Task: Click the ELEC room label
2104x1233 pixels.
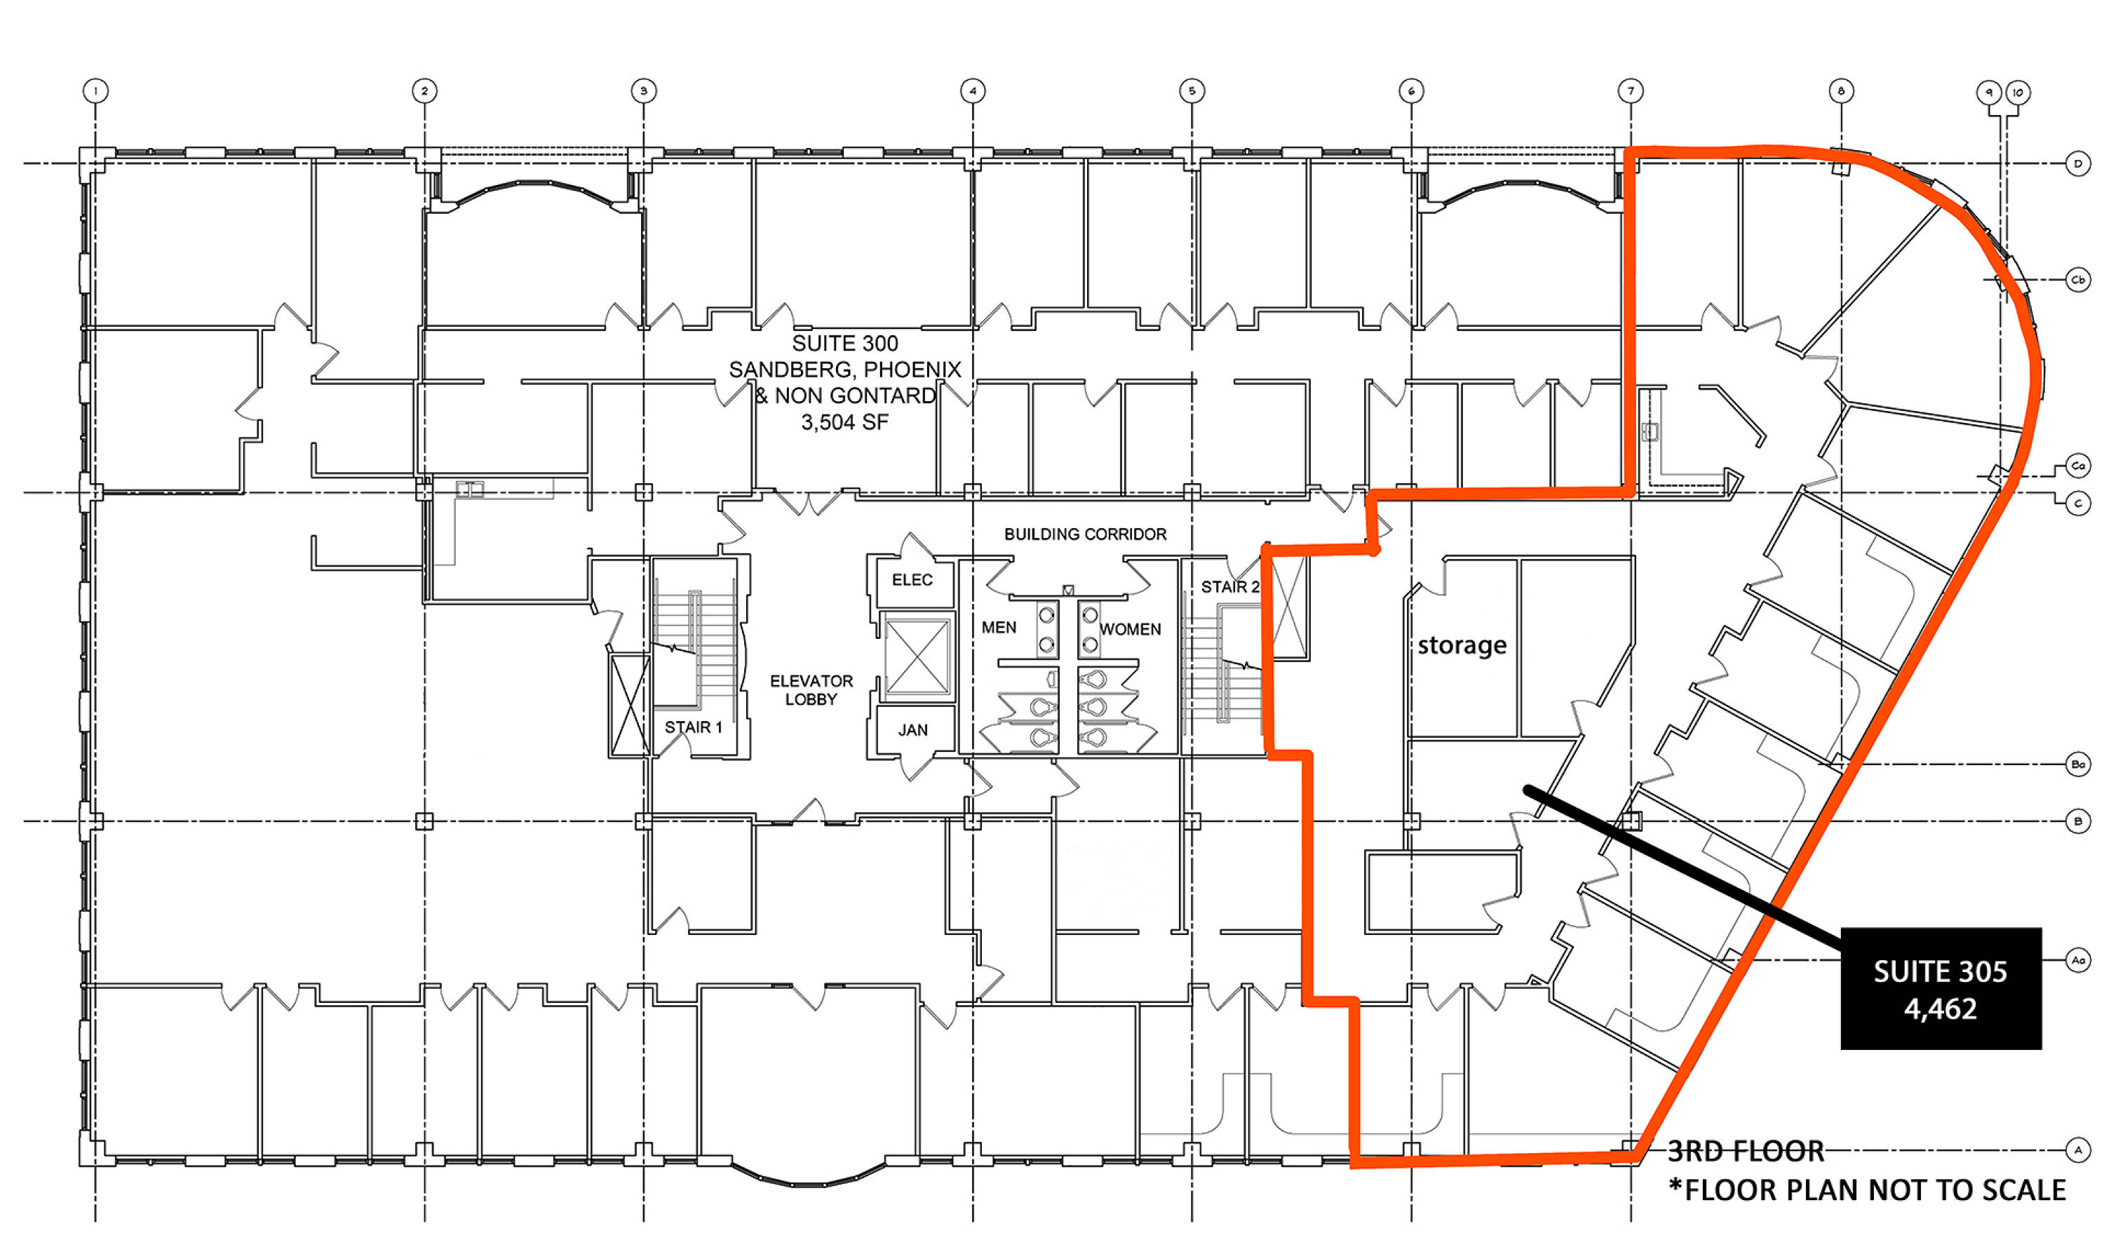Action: [912, 579]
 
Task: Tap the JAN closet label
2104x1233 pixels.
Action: [912, 729]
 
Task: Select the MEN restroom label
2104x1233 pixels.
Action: [999, 627]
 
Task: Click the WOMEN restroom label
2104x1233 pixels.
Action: [1130, 628]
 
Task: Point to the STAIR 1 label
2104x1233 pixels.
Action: [693, 727]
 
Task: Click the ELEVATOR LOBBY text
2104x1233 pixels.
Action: [811, 690]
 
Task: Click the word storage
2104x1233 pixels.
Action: [1462, 645]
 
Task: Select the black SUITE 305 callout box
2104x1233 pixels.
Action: [1941, 988]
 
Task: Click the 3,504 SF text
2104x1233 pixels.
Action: [845, 422]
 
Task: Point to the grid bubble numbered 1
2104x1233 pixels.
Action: [96, 90]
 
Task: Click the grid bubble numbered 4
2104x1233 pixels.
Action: [973, 90]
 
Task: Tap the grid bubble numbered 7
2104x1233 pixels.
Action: [1631, 90]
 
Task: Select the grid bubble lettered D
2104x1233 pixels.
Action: [2078, 163]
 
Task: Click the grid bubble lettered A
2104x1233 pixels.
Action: [2078, 1150]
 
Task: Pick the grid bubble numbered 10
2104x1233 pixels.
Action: [2018, 92]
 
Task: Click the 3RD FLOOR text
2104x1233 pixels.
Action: [1746, 1151]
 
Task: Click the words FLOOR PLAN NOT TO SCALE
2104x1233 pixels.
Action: [1875, 1190]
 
